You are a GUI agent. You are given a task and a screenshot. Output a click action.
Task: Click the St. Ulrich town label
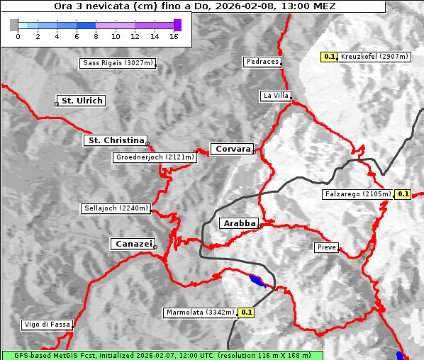pyautogui.click(x=82, y=101)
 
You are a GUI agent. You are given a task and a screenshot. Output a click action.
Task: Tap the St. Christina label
pyautogui.click(x=116, y=140)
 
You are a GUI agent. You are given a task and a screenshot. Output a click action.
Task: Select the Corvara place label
pyautogui.click(x=233, y=149)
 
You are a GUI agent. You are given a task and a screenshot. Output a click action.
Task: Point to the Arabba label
pyautogui.click(x=239, y=223)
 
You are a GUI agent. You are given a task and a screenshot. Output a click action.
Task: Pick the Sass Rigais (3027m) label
pyautogui.click(x=118, y=63)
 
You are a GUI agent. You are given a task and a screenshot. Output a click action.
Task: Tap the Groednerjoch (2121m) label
pyautogui.click(x=155, y=157)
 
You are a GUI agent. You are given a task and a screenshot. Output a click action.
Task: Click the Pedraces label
pyautogui.click(x=262, y=62)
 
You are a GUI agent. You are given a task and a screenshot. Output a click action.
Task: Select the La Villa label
pyautogui.click(x=275, y=95)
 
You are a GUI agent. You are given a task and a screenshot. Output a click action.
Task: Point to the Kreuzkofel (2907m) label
pyautogui.click(x=373, y=57)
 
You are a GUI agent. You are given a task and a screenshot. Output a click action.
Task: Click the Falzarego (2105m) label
pyautogui.click(x=358, y=193)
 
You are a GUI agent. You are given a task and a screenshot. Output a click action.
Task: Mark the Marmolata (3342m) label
pyautogui.click(x=201, y=312)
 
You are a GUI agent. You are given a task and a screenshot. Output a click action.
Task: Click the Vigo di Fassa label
pyautogui.click(x=48, y=325)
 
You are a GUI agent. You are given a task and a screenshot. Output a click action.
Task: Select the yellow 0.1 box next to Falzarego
pyautogui.click(x=403, y=193)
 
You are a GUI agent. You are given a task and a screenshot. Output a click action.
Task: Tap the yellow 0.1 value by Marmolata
pyautogui.click(x=247, y=312)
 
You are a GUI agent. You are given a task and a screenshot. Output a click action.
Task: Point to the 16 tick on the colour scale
pyautogui.click(x=174, y=35)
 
